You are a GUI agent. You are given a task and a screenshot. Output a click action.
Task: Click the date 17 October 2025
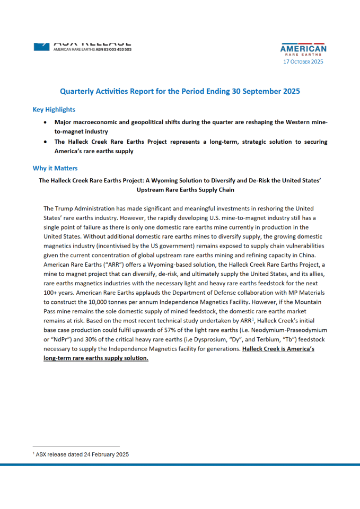(303, 62)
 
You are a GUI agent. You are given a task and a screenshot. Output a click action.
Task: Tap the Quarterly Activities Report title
(180, 91)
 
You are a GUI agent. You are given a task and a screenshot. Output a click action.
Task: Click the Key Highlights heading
(54, 110)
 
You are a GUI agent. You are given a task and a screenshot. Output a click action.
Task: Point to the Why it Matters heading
(55, 168)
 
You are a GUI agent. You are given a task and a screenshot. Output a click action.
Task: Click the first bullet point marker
(45, 122)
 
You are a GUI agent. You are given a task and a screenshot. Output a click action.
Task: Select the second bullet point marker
(45, 142)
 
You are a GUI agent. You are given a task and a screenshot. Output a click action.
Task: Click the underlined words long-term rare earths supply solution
(96, 357)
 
